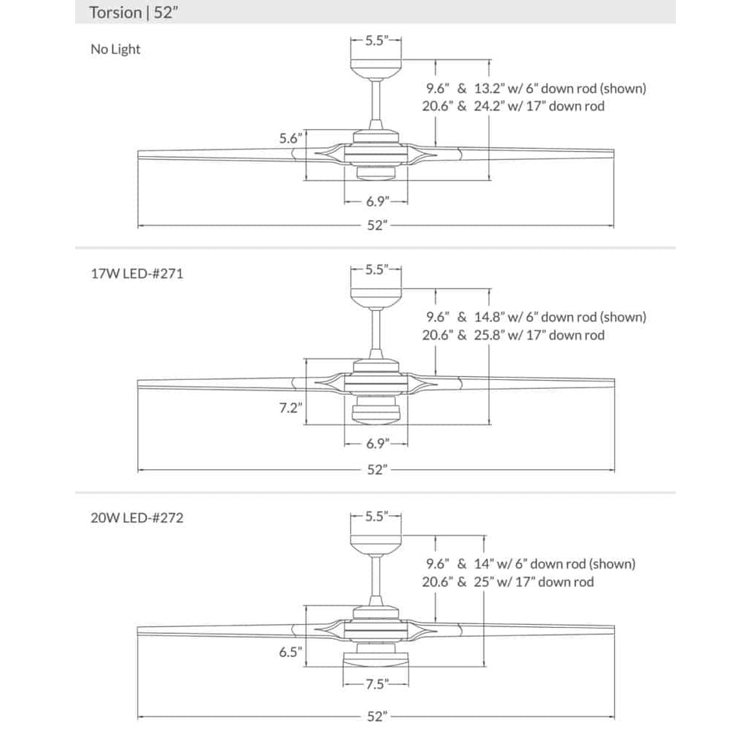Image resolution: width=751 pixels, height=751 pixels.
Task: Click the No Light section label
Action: tap(115, 50)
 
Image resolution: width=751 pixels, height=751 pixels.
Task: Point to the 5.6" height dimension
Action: tap(290, 138)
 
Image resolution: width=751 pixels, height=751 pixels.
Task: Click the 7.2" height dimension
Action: tap(290, 409)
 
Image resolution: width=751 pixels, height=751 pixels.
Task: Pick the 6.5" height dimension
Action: tap(290, 653)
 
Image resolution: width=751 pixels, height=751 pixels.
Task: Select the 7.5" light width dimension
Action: tap(375, 683)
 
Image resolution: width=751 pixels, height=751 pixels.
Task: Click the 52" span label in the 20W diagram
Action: tap(376, 716)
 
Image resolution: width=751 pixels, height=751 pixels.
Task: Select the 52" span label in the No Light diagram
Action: tap(376, 226)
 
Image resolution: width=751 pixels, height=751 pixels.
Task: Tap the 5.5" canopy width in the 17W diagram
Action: tap(375, 270)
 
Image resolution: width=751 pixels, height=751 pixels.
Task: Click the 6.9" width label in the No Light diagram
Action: tap(375, 201)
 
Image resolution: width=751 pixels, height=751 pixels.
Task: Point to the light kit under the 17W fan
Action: tap(375, 412)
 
